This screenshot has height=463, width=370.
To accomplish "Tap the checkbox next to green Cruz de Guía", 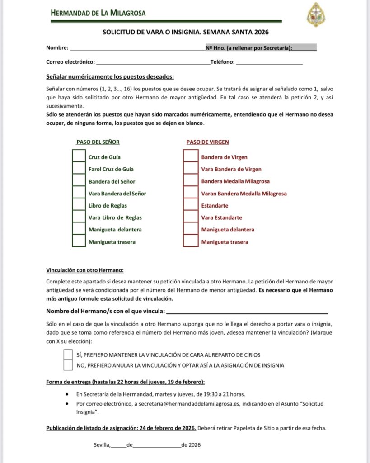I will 79,157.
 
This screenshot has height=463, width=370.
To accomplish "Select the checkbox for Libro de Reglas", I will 79,205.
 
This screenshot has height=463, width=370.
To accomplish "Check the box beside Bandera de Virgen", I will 191,157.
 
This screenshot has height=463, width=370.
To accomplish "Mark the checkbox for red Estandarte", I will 191,205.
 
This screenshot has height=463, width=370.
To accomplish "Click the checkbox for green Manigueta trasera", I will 79,241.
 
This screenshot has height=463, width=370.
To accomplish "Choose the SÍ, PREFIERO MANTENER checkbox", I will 68,354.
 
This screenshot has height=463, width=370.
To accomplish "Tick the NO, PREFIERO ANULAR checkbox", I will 68,365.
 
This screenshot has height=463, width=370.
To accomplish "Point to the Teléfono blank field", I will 269,62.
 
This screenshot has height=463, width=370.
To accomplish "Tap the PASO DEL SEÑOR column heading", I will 98,142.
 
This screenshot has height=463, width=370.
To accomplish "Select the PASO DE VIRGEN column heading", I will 207,142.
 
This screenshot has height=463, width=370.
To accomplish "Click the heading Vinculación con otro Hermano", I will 85,270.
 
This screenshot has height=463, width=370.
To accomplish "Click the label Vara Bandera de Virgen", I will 231,169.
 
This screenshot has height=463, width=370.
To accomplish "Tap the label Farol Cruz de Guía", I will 111,169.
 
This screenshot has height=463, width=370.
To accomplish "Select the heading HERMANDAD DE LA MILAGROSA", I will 98,13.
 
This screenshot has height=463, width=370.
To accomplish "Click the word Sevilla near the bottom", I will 102,445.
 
